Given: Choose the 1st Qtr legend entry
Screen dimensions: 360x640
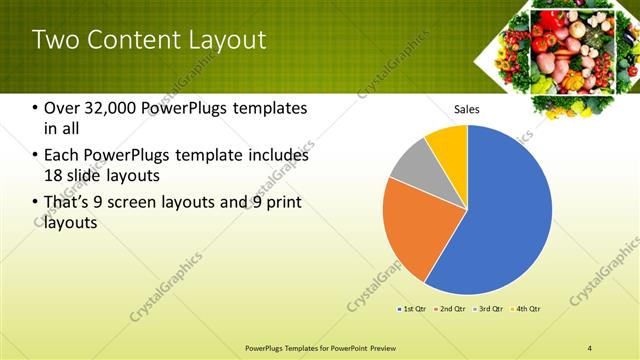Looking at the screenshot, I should coord(413,310).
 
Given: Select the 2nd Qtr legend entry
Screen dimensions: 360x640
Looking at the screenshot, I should coord(451,310).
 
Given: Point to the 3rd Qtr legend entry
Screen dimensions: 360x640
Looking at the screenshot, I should coord(490,310).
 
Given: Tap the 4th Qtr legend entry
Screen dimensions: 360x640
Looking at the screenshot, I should coord(527,310).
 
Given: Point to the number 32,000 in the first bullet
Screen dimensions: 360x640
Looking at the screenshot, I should coord(116,108).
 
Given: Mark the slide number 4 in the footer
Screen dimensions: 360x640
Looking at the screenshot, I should coord(590,347).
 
